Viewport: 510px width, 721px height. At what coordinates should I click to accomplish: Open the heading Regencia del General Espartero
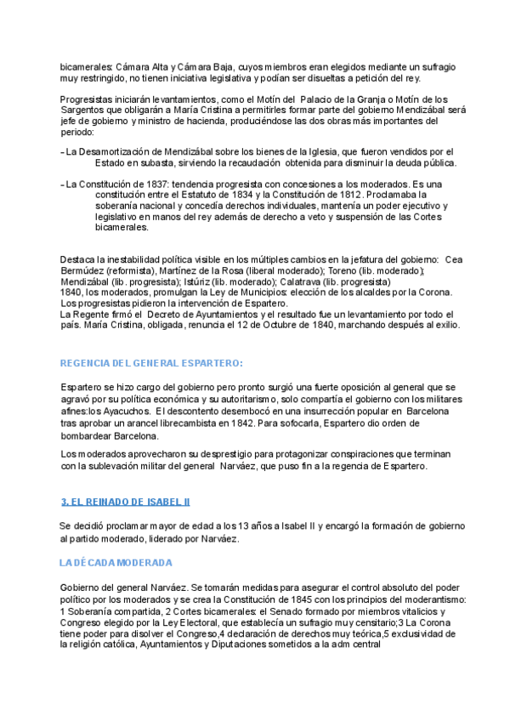click(151, 363)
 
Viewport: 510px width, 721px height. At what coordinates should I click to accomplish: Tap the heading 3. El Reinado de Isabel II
click(126, 502)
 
